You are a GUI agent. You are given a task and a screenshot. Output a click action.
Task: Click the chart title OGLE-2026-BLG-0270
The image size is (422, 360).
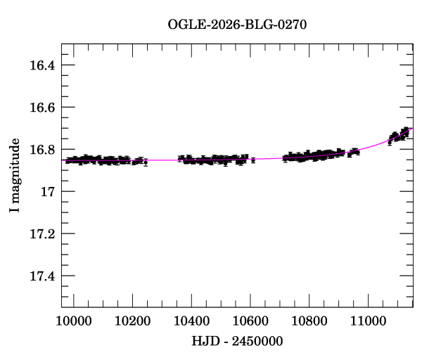(237, 25)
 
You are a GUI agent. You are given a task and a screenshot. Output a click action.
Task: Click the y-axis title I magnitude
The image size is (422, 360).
(15, 175)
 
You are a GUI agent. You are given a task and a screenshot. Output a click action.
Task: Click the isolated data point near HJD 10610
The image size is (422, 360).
(253, 160)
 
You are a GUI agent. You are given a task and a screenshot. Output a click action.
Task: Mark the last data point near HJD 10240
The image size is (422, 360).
(146, 162)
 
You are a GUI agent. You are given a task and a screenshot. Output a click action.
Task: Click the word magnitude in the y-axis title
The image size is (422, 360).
(15, 168)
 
